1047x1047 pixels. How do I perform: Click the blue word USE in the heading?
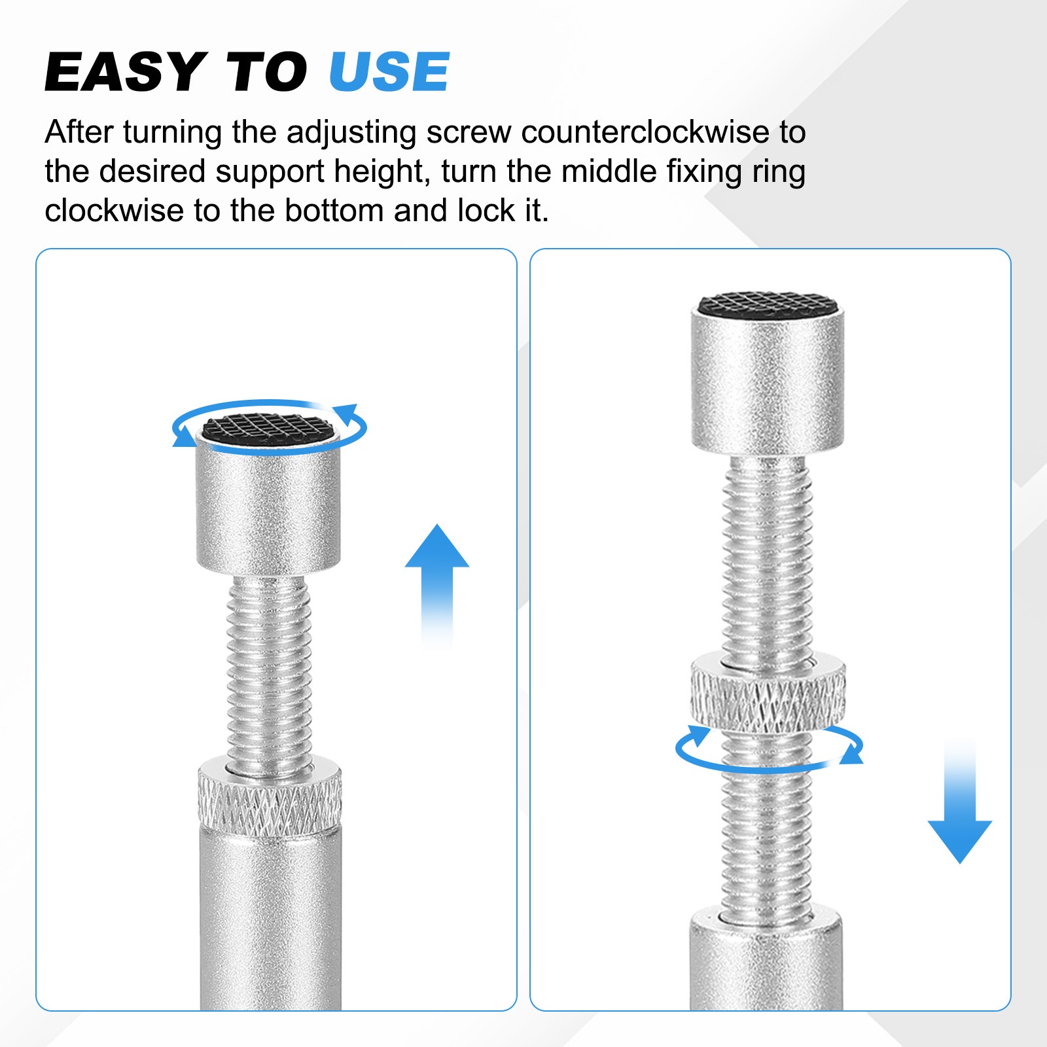click(x=389, y=71)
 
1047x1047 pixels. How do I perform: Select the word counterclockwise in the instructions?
click(x=645, y=132)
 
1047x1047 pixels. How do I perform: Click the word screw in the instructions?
click(x=469, y=133)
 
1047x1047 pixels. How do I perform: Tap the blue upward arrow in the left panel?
click(x=437, y=586)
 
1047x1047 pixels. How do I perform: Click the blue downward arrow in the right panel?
click(x=960, y=802)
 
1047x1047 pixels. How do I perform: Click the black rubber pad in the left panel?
click(x=268, y=427)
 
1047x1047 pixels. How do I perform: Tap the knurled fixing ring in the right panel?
click(x=768, y=691)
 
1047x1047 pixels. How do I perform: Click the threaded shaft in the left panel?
click(x=269, y=674)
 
